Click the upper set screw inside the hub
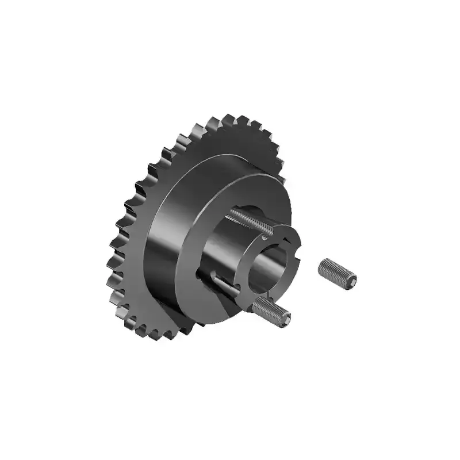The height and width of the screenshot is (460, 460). click(247, 220)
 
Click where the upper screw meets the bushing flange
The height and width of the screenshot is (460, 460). click(267, 232)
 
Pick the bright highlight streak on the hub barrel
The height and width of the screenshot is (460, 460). click(172, 218)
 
